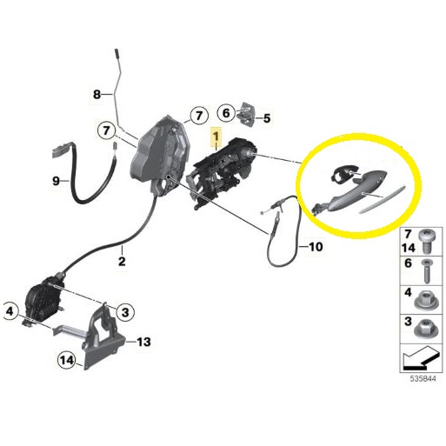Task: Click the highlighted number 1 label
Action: [x=216, y=136]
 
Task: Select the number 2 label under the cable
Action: [x=122, y=261]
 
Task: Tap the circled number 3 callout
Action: [x=125, y=312]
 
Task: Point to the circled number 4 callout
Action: [x=10, y=311]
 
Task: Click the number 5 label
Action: [x=267, y=118]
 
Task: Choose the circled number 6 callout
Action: [x=226, y=112]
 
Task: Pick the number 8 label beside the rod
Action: [x=97, y=94]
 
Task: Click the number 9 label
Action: [x=56, y=181]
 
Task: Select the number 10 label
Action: [x=316, y=247]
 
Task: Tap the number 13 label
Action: [x=143, y=342]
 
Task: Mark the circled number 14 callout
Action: [x=67, y=360]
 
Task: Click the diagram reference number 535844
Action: [x=423, y=379]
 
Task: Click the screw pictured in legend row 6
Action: [x=427, y=271]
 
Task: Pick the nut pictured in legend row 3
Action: [x=424, y=330]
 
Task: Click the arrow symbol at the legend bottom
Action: [x=420, y=358]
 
